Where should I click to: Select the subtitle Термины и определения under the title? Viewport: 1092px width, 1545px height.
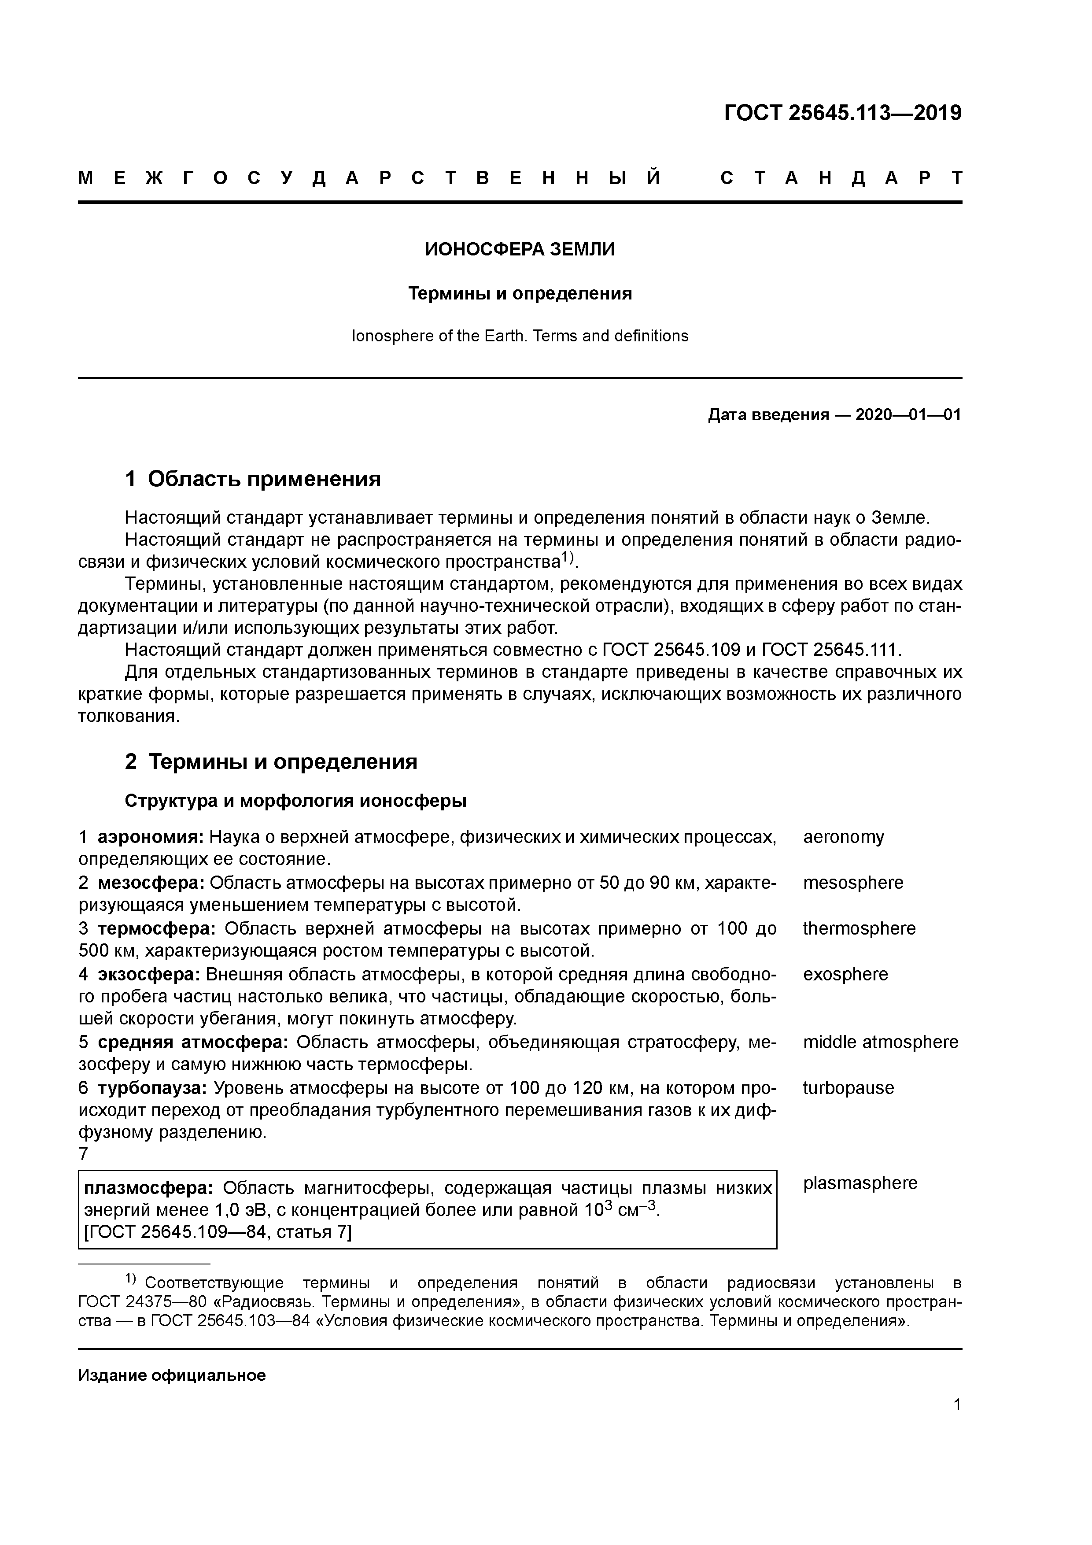(520, 294)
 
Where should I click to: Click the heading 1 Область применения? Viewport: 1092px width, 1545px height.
(253, 479)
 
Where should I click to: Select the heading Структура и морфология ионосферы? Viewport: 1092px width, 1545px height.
(295, 802)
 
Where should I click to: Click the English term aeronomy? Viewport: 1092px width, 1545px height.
(843, 838)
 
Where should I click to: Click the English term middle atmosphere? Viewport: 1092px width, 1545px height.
(880, 1043)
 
